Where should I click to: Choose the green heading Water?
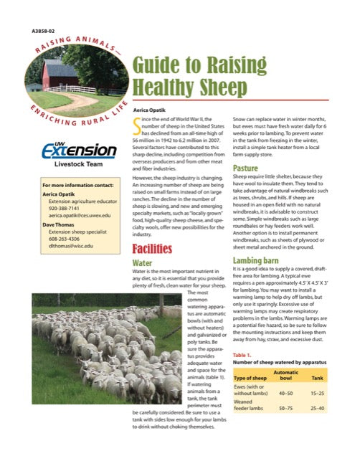143,263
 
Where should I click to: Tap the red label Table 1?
242,355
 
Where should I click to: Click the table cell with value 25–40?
316,408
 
